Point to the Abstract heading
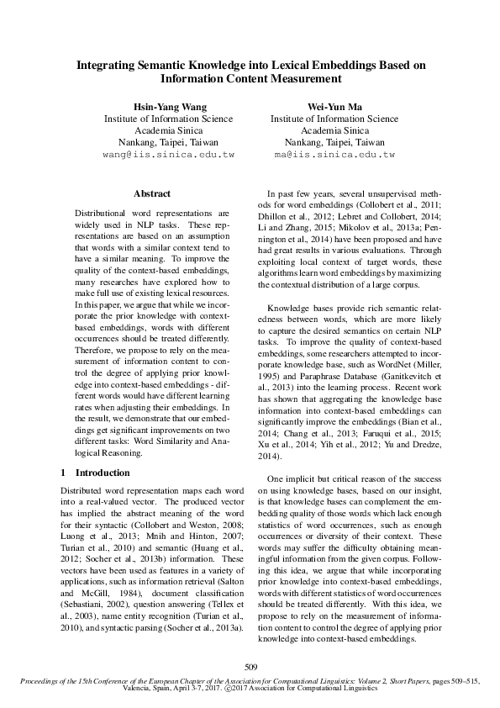[152, 193]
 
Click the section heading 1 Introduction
[97, 473]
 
